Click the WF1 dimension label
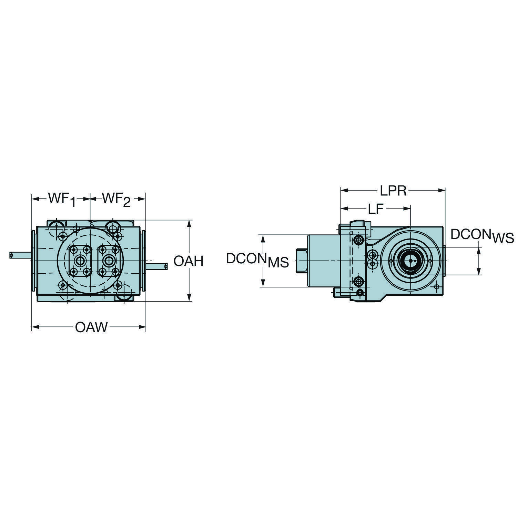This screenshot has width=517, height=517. (x=61, y=200)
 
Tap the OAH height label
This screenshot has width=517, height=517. (x=188, y=261)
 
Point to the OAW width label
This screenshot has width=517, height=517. (x=91, y=327)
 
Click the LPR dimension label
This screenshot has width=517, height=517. (x=393, y=190)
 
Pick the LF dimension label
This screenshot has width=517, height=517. (x=376, y=209)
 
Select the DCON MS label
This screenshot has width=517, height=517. (x=257, y=260)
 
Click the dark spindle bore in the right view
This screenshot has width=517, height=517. (x=410, y=261)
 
